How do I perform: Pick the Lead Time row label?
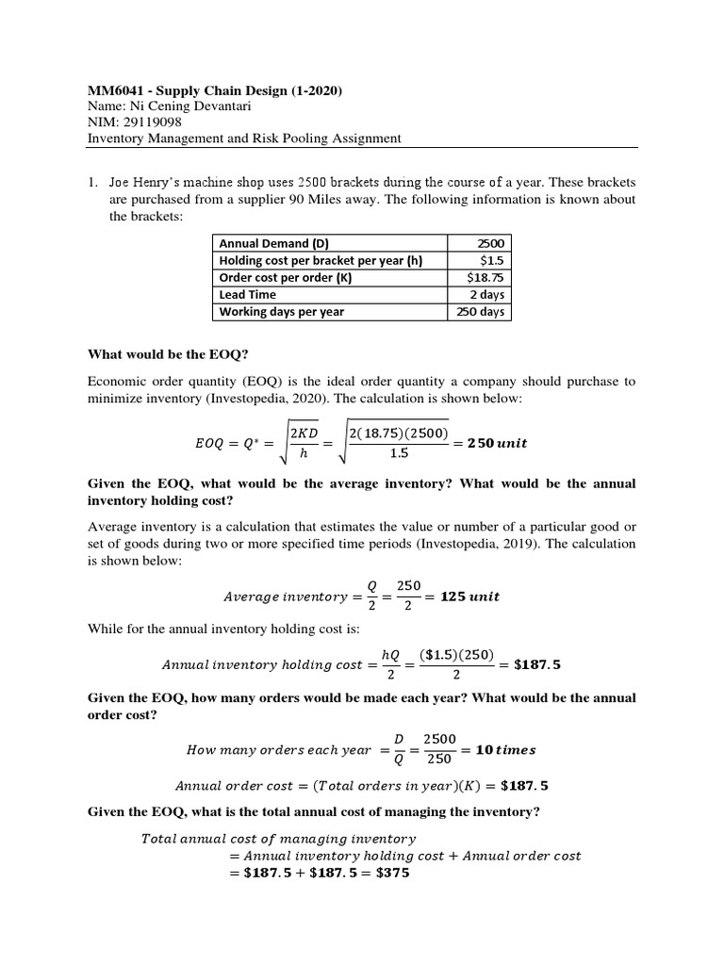click(247, 294)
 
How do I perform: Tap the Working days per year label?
click(282, 312)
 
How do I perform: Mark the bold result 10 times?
click(505, 750)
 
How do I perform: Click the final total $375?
click(390, 873)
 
